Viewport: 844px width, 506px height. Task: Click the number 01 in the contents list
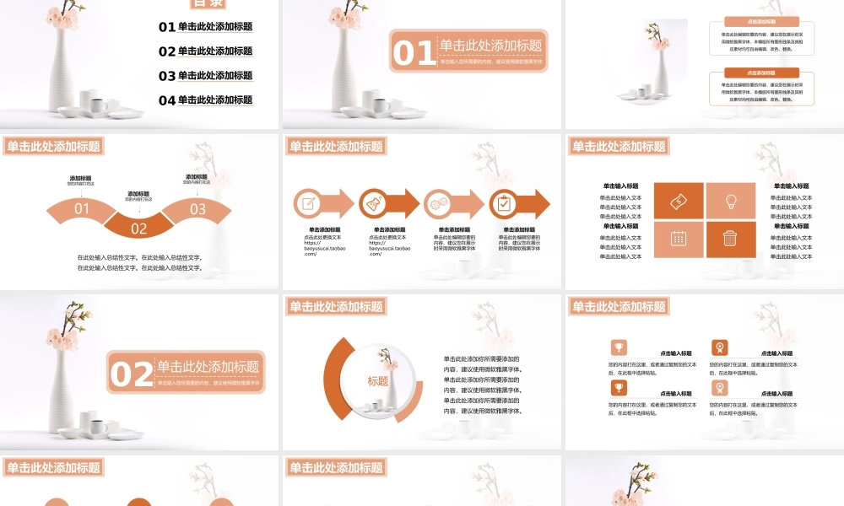[x=166, y=27]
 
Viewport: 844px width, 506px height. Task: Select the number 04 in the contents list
[x=166, y=100]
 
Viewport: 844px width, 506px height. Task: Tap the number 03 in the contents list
[x=166, y=76]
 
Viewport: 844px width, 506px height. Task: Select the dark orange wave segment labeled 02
[x=139, y=227]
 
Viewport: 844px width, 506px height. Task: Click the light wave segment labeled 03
[x=197, y=209]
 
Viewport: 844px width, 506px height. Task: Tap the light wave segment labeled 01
[x=82, y=209]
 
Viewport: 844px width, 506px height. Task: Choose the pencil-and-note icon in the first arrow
[x=307, y=203]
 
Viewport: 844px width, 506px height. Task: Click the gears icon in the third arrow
[x=438, y=203]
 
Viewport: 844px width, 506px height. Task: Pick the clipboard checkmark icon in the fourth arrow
[x=504, y=203]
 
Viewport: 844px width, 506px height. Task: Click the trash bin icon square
[x=731, y=239]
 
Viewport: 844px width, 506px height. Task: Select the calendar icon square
[x=679, y=239]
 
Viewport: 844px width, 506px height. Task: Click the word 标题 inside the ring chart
[x=378, y=381]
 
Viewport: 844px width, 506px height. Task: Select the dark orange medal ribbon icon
[x=719, y=347]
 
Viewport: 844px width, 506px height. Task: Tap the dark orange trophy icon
[x=619, y=387]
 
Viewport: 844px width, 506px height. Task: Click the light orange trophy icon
[x=619, y=347]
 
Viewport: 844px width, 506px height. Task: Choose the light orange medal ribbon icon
[x=719, y=387]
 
